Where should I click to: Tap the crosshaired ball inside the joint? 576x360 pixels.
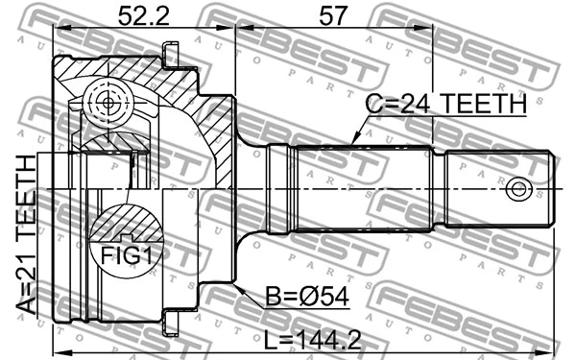[105, 101]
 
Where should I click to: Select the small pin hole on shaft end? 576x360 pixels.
[519, 188]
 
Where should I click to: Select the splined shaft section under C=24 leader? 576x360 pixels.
[365, 188]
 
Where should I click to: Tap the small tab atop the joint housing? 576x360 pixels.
[172, 56]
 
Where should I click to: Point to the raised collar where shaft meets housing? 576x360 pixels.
[279, 188]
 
